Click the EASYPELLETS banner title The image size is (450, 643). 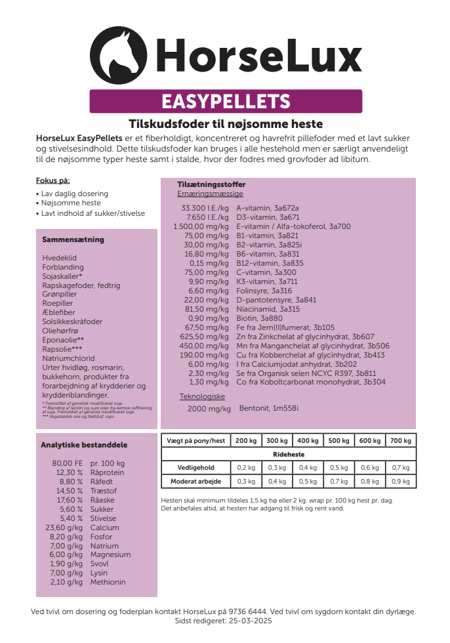225,102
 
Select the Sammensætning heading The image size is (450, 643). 73,240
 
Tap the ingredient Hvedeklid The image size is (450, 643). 59,259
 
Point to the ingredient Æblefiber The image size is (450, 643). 58,313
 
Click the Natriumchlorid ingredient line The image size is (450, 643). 68,358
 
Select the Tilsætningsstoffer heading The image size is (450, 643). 211,185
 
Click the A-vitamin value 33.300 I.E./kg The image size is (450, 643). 205,208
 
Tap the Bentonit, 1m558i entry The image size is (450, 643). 268,409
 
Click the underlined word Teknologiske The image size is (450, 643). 202,396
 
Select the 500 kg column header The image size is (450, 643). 338,441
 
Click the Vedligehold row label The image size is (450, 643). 195,468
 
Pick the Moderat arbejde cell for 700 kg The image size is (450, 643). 400,481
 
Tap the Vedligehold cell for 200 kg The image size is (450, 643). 246,468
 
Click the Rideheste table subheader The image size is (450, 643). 289,454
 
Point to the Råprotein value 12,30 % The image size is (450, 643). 70,472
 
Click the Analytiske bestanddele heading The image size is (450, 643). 84,445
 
